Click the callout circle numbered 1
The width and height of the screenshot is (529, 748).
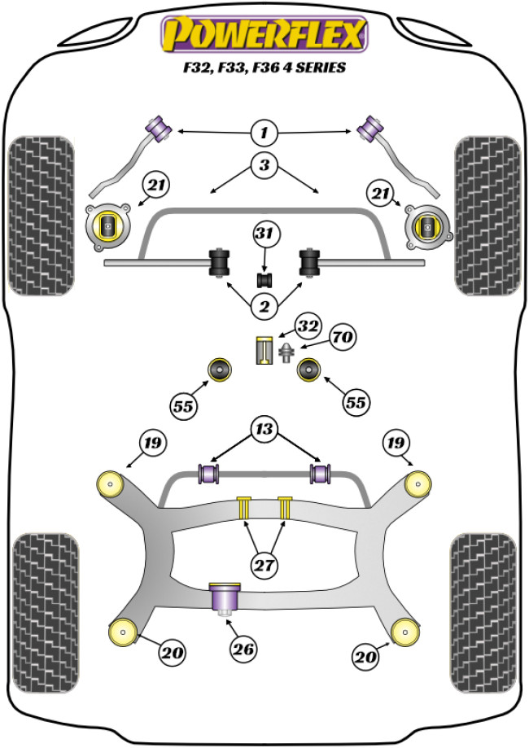(264, 131)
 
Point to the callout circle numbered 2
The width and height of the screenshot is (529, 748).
(264, 306)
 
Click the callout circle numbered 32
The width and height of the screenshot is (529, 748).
(307, 326)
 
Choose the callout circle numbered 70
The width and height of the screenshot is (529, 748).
(341, 336)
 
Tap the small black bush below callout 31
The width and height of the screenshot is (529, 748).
(264, 280)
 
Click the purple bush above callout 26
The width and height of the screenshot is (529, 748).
(224, 599)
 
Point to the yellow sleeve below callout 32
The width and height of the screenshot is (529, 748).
(264, 351)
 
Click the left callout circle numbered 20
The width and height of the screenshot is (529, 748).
(173, 652)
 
